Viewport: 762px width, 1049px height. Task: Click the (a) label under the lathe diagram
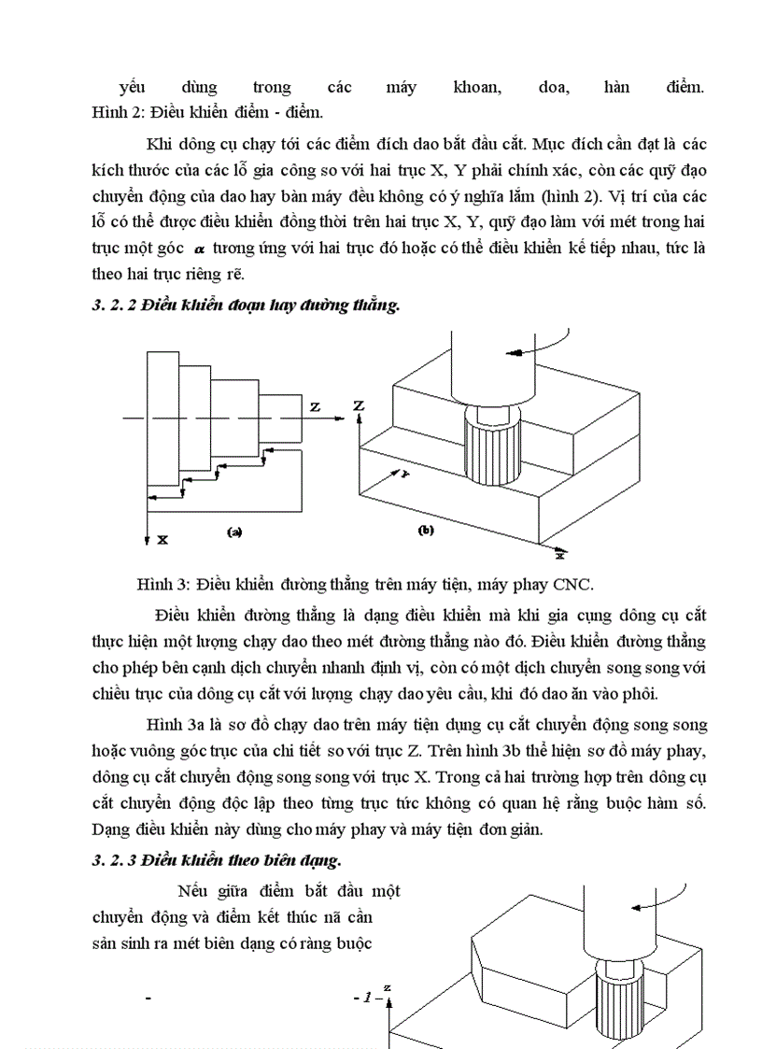tap(234, 532)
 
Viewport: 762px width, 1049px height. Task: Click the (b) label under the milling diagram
tap(426, 530)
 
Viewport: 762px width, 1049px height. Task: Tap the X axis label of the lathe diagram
tap(162, 540)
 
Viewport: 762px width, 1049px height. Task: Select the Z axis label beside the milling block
tap(358, 406)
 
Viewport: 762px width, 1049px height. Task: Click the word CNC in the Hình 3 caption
tap(571, 585)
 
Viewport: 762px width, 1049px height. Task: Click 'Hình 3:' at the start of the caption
tap(161, 585)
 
